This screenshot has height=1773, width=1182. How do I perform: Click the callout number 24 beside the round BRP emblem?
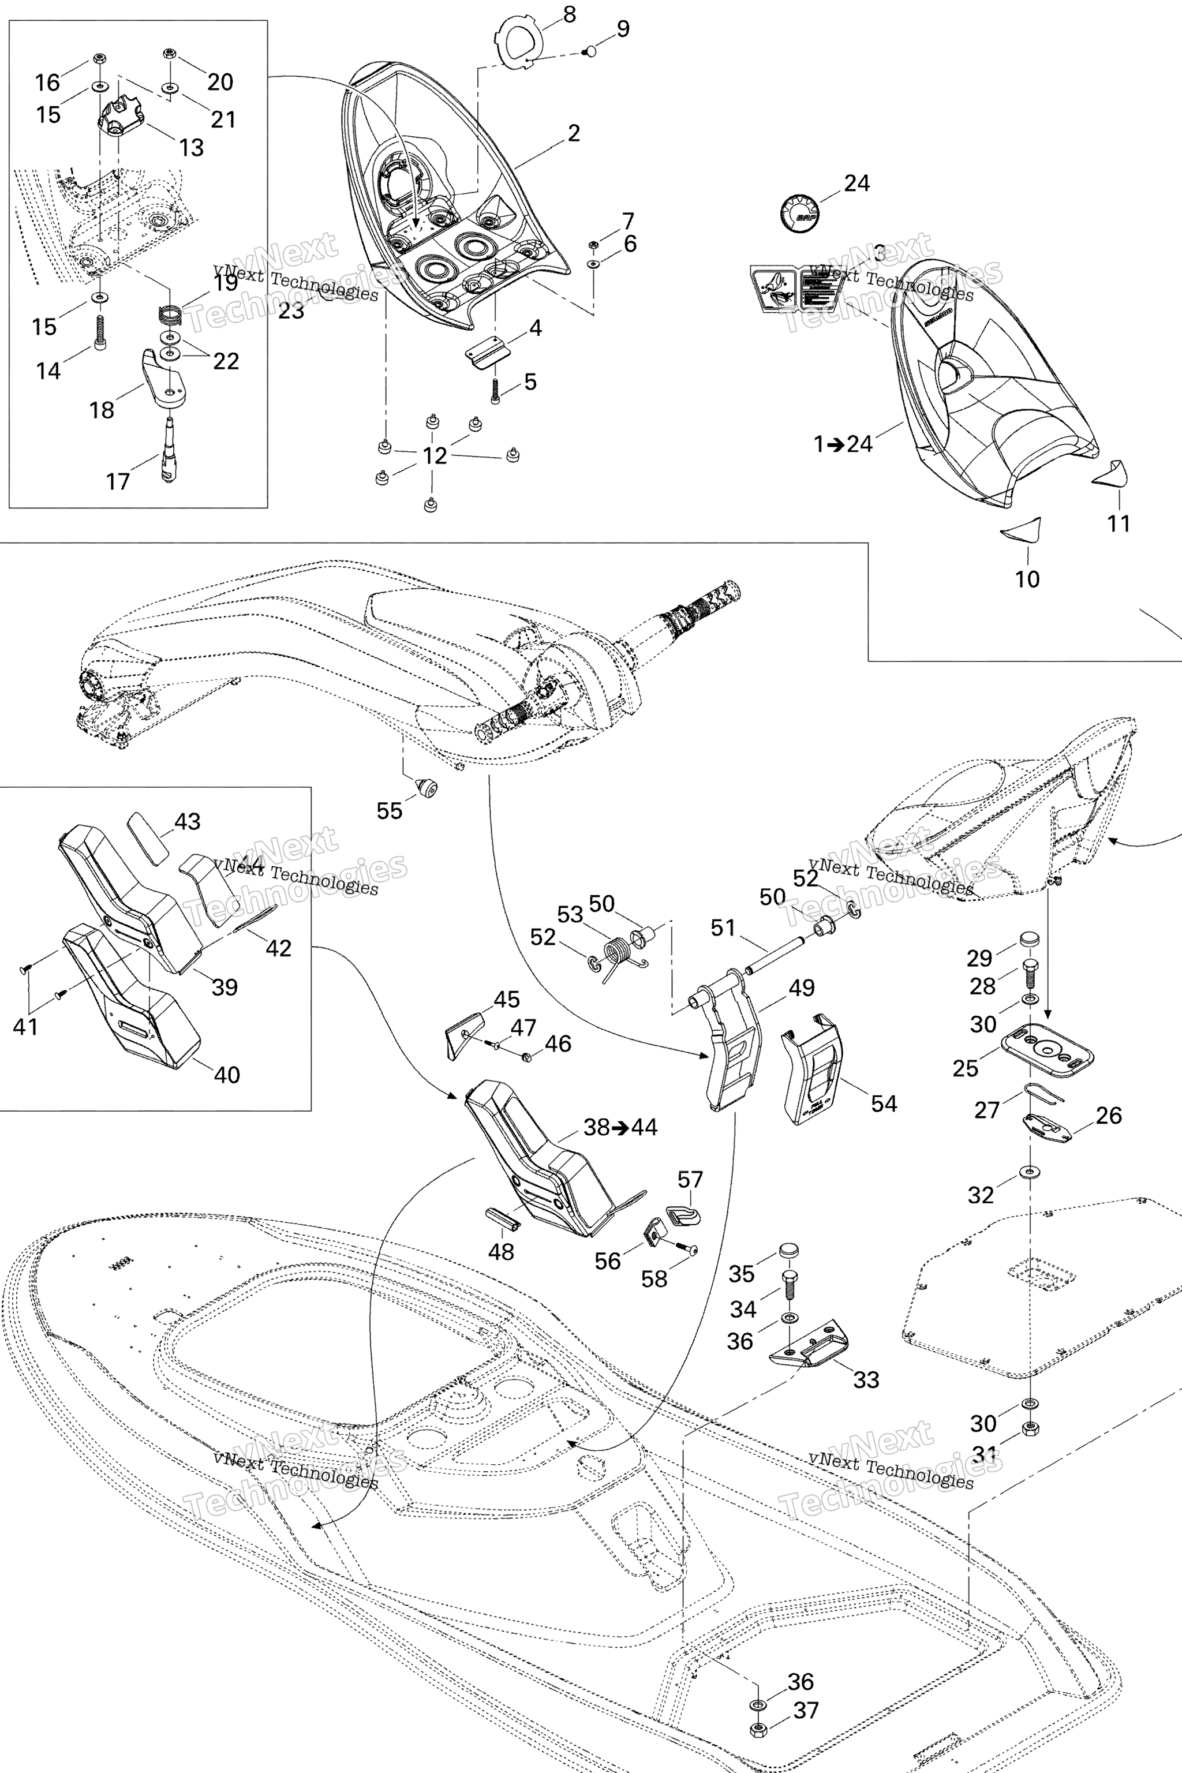pyautogui.click(x=856, y=183)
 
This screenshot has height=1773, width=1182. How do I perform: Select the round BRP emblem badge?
pyautogui.click(x=799, y=212)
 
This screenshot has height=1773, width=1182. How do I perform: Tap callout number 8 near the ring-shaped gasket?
pyautogui.click(x=569, y=14)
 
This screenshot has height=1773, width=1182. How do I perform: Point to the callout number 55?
pyautogui.click(x=389, y=810)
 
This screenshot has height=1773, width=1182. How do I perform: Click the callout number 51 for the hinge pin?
pyautogui.click(x=723, y=927)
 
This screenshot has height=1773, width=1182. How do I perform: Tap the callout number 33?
pyautogui.click(x=866, y=1379)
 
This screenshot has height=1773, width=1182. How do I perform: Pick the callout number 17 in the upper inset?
pyautogui.click(x=118, y=481)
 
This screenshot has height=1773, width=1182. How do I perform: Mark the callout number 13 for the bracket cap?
pyautogui.click(x=192, y=148)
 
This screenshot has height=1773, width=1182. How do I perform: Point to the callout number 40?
pyautogui.click(x=227, y=1074)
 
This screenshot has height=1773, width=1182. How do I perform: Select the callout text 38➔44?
pyautogui.click(x=620, y=1127)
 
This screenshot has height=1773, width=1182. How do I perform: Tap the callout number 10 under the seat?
pyautogui.click(x=1027, y=579)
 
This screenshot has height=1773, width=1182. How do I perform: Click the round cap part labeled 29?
pyautogui.click(x=1030, y=938)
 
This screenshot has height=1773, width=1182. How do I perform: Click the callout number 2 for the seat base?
pyautogui.click(x=574, y=133)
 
